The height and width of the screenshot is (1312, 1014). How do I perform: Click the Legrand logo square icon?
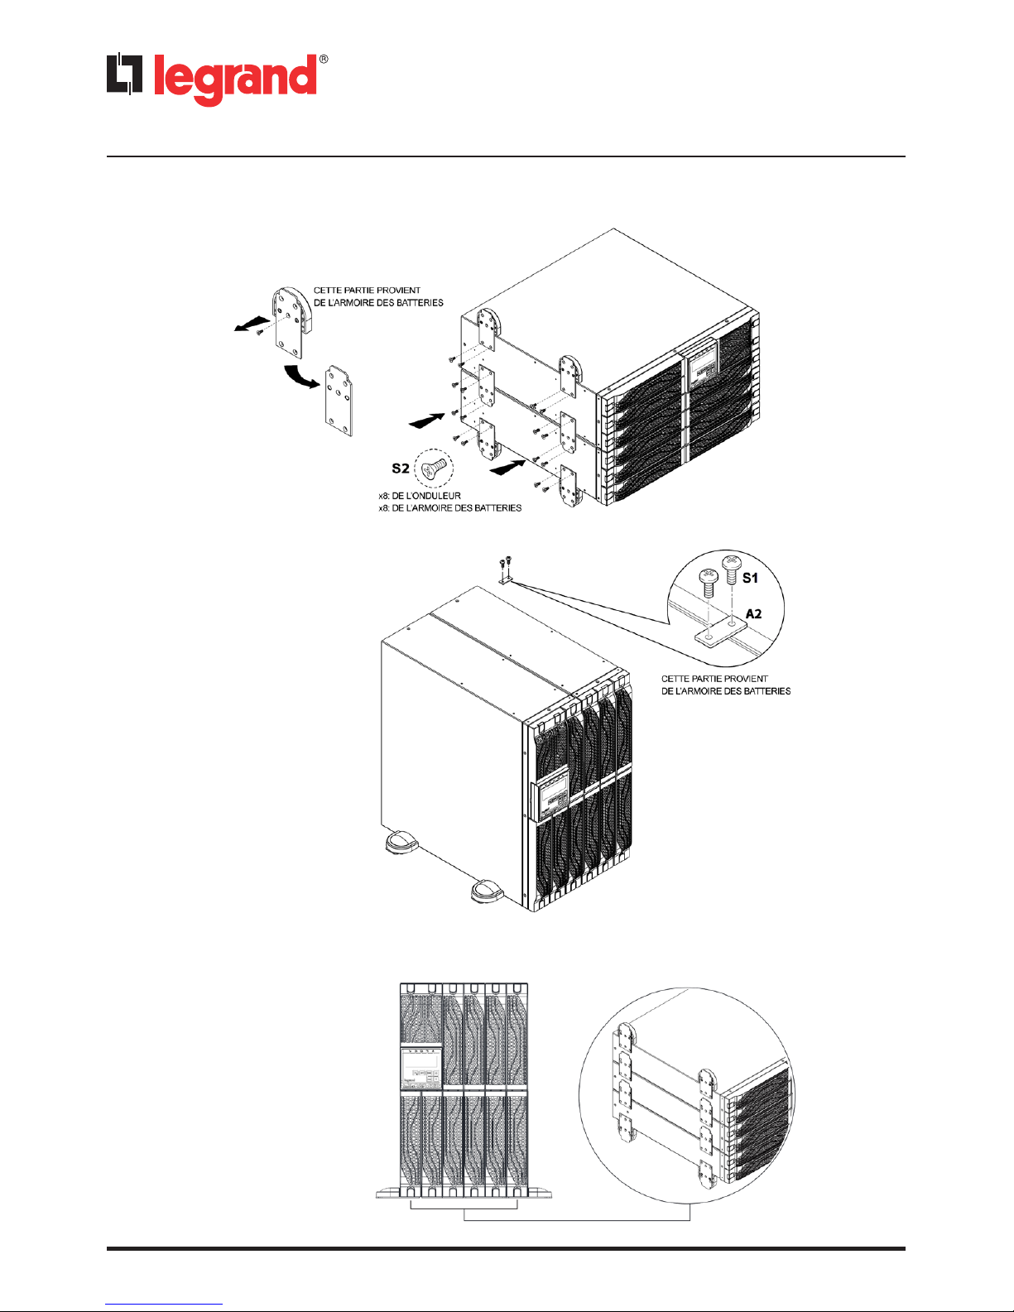[x=125, y=74]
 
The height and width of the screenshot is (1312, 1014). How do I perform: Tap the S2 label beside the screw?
[x=401, y=469]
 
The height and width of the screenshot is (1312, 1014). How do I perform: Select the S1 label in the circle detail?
[x=750, y=578]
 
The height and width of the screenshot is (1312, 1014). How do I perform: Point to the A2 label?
[x=753, y=613]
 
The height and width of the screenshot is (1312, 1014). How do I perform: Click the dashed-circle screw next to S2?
[x=435, y=469]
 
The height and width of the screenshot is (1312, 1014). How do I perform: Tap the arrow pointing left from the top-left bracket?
[x=249, y=324]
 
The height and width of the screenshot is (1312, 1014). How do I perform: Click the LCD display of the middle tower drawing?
[x=552, y=794]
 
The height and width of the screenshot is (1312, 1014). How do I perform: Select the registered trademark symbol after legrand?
[x=324, y=60]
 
